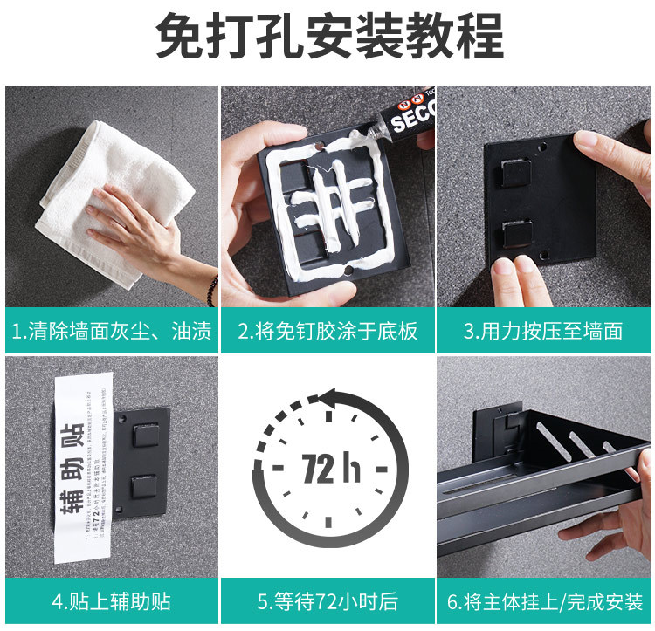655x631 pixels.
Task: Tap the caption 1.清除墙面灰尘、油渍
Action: coord(112,331)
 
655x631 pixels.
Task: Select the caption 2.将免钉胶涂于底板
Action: coord(327,331)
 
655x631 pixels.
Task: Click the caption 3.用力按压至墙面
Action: coord(543,331)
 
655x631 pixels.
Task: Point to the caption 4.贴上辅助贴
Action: coord(112,601)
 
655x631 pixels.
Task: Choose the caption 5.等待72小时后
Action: coord(327,601)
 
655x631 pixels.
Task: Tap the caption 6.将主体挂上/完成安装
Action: coord(543,601)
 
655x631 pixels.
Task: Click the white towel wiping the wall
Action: coord(96,192)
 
